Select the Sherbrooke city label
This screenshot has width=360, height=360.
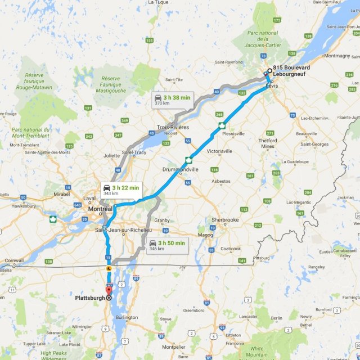224,220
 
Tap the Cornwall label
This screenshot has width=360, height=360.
13,260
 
